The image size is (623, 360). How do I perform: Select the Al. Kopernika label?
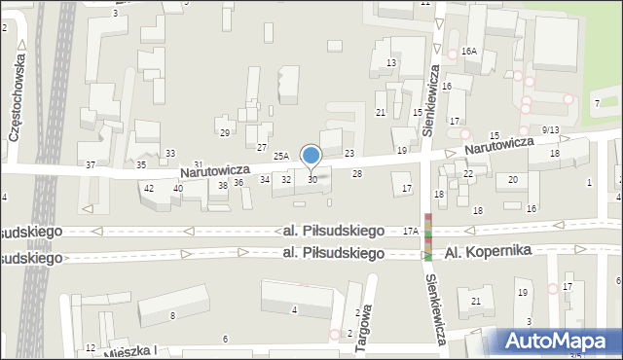(488, 251)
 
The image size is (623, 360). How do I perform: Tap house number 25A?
(281, 156)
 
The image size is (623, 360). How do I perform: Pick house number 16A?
(469, 51)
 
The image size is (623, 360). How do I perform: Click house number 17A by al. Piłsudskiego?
(411, 231)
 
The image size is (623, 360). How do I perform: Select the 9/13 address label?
(551, 130)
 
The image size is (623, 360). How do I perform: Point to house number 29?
(224, 132)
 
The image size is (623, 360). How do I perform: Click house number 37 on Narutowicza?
(91, 165)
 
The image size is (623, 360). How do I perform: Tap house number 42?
(149, 188)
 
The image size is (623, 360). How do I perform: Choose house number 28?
(357, 173)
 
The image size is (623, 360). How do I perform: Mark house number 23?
(348, 153)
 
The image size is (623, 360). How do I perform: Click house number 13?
(390, 62)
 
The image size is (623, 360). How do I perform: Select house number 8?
(172, 315)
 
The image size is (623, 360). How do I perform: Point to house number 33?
(170, 153)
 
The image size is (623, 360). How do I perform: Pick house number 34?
(264, 179)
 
